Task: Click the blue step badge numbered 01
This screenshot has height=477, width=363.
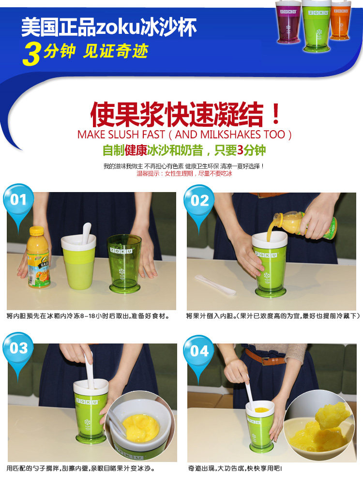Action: pyautogui.click(x=18, y=200)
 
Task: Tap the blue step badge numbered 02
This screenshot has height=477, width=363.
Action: pyautogui.click(x=199, y=201)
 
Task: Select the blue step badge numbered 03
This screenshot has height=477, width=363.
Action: pyautogui.click(x=18, y=348)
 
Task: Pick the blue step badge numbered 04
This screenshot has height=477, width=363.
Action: pyautogui.click(x=199, y=351)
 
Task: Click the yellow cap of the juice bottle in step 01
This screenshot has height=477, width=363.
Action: pyautogui.click(x=36, y=231)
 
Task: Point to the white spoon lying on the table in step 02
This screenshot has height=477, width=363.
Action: pyautogui.click(x=215, y=285)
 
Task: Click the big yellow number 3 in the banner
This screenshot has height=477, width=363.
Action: pyautogui.click(x=31, y=54)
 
